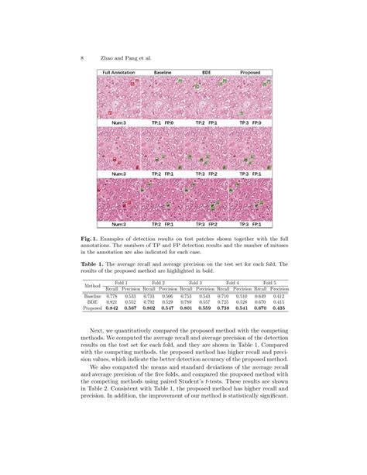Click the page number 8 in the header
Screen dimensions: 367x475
(x=82, y=58)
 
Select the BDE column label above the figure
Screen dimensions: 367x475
(x=206, y=73)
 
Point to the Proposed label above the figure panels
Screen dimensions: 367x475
(x=250, y=73)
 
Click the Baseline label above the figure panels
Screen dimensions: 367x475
(x=163, y=73)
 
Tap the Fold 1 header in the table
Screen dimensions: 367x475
(x=123, y=282)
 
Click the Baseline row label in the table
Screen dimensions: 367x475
(x=93, y=295)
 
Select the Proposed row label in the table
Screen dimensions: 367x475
(x=94, y=308)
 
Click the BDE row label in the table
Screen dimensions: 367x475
(x=93, y=301)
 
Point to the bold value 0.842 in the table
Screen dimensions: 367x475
(x=112, y=308)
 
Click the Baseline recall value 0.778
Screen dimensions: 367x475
(x=112, y=295)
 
